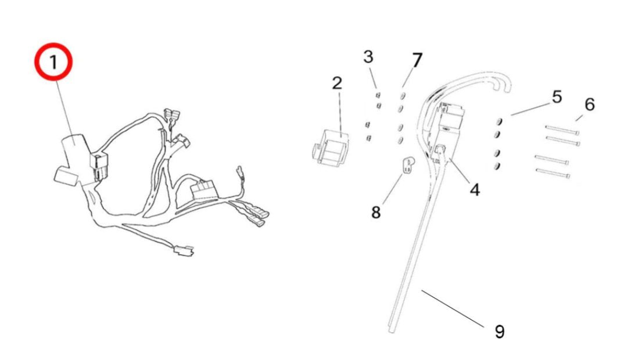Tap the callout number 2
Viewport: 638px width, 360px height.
tap(337, 82)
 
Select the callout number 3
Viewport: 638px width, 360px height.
tap(368, 57)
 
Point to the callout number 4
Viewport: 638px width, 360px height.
tap(475, 189)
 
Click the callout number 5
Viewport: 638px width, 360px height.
tap(557, 97)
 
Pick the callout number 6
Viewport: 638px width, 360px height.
tap(589, 105)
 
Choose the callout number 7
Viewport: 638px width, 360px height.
tap(417, 59)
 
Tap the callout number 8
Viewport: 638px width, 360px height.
tap(376, 213)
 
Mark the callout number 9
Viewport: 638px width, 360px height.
tap(499, 332)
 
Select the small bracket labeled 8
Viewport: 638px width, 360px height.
tap(409, 164)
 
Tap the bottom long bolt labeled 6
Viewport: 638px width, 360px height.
tap(552, 172)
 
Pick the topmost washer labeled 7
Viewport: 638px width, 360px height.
tap(402, 95)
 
